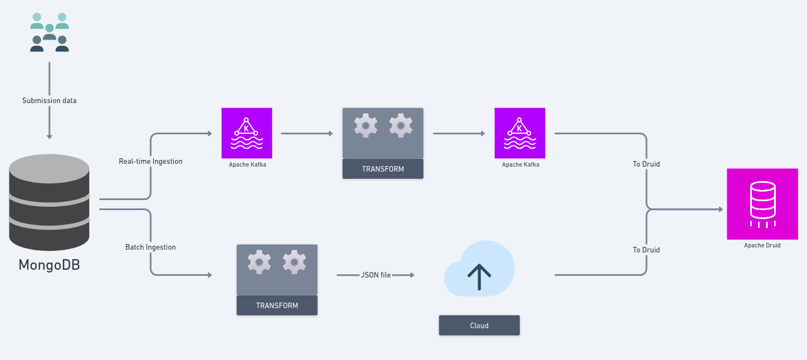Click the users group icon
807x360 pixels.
(x=49, y=32)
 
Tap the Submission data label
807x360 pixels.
(x=49, y=101)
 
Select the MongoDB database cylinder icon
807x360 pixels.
(x=49, y=202)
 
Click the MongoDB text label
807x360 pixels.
(x=49, y=265)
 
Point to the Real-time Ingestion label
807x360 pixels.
(x=150, y=162)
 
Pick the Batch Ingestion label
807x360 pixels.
(x=150, y=247)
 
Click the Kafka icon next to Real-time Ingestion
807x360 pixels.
(x=247, y=133)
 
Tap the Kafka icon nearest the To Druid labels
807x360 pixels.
(x=520, y=133)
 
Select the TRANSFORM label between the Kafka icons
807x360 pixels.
(x=383, y=169)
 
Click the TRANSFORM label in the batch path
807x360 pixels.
(x=277, y=305)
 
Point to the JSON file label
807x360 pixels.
(x=376, y=275)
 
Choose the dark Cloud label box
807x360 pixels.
(x=479, y=325)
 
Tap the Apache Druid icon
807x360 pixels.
(x=762, y=204)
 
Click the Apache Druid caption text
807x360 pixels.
(x=762, y=245)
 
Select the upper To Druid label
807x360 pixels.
(x=646, y=164)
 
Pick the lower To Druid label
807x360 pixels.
(x=646, y=250)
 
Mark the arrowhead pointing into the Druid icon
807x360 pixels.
(x=721, y=210)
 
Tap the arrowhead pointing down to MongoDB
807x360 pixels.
(x=49, y=137)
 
